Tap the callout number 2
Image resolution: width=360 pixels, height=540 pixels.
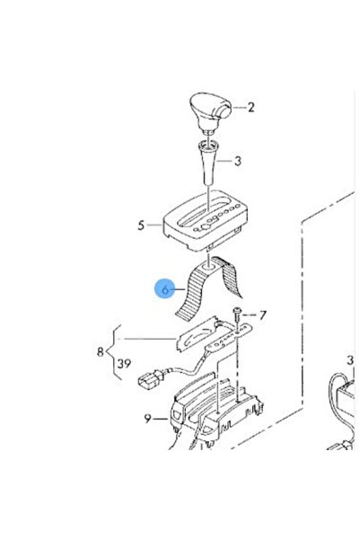tap(250, 108)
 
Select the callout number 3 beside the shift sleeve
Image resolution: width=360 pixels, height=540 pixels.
tap(238, 161)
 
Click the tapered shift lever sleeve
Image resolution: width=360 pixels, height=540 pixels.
tap(207, 162)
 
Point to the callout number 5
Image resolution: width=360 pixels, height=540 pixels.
tap(141, 226)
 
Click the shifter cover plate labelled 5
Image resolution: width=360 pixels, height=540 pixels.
tap(205, 220)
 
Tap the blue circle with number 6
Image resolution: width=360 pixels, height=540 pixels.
tap(165, 289)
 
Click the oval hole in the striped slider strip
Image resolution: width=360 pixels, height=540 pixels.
tap(209, 267)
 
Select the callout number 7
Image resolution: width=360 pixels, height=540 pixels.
tap(263, 315)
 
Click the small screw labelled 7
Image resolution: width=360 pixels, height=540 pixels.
tap(238, 314)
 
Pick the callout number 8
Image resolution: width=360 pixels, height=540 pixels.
tap(101, 351)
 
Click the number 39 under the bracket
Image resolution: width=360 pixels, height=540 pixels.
tap(124, 363)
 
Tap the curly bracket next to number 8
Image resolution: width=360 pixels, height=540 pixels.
tap(114, 352)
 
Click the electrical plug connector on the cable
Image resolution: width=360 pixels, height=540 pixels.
tap(151, 379)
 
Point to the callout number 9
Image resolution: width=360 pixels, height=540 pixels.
tap(147, 419)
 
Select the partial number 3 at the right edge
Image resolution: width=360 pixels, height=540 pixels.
tap(350, 360)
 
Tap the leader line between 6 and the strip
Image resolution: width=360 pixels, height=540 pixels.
tap(179, 289)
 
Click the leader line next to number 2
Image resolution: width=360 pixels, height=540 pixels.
tap(239, 108)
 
